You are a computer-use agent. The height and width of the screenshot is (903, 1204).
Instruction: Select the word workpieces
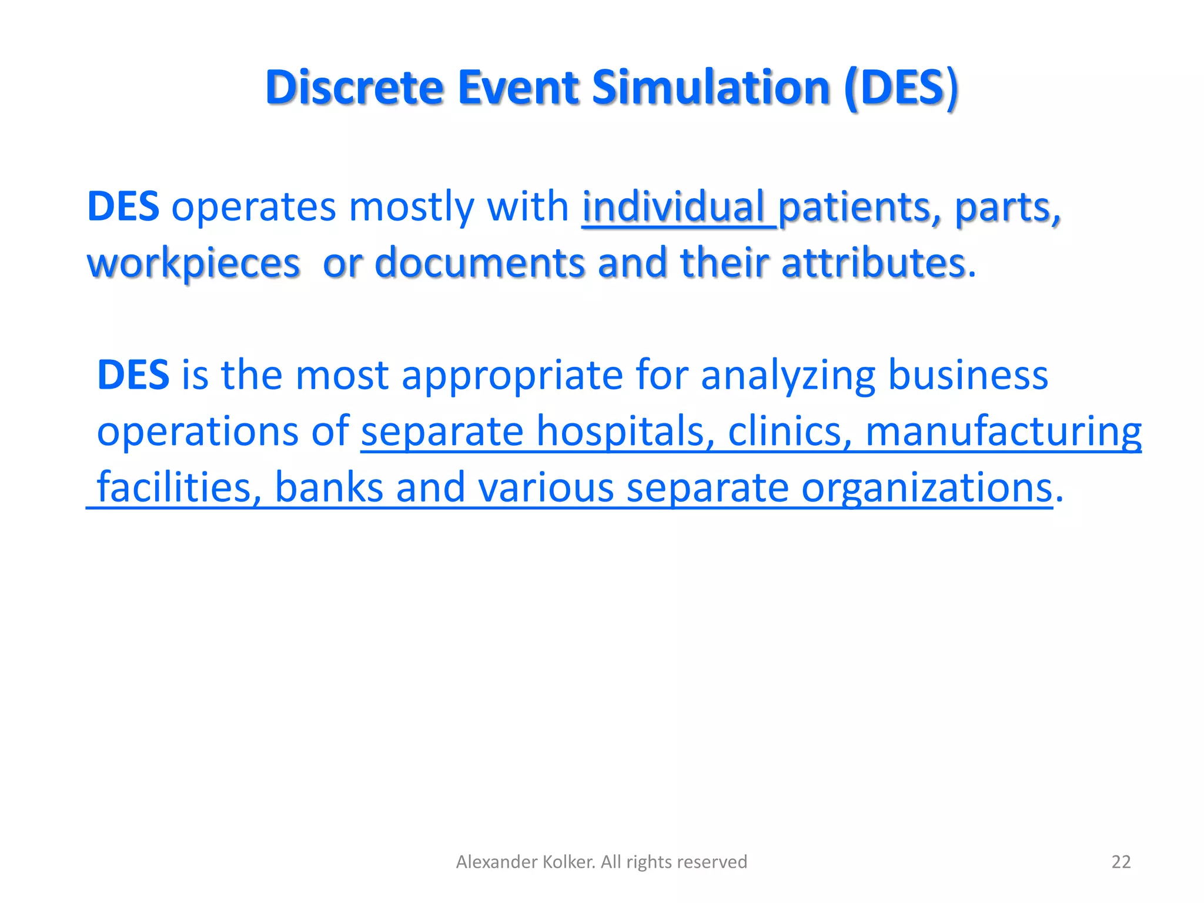[x=193, y=263]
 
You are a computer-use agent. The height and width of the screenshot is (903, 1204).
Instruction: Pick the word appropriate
[x=512, y=376]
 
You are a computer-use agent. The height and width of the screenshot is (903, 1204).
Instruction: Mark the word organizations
[x=927, y=489]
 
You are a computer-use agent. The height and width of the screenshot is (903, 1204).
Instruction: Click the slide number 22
[x=1121, y=862]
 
